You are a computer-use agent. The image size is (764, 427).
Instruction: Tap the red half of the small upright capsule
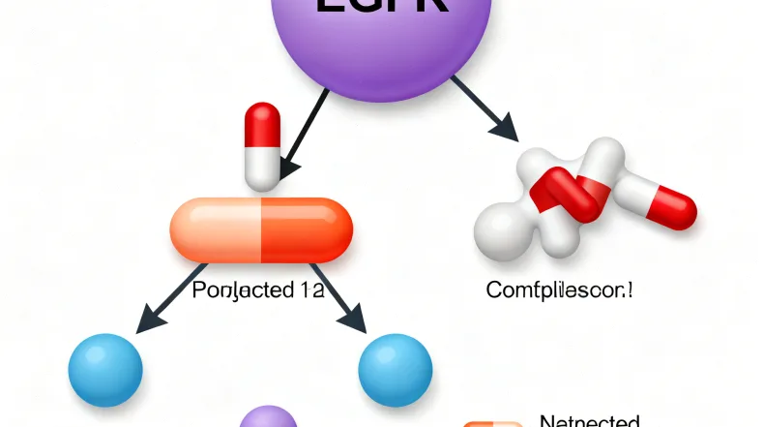click(x=263, y=123)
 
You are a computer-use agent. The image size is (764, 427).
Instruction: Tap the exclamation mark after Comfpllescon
click(x=632, y=288)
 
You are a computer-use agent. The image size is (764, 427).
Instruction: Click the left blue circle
click(x=105, y=369)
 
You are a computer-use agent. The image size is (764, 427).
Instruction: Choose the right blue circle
click(x=395, y=369)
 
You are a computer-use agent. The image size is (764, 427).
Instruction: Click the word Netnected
click(x=588, y=421)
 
